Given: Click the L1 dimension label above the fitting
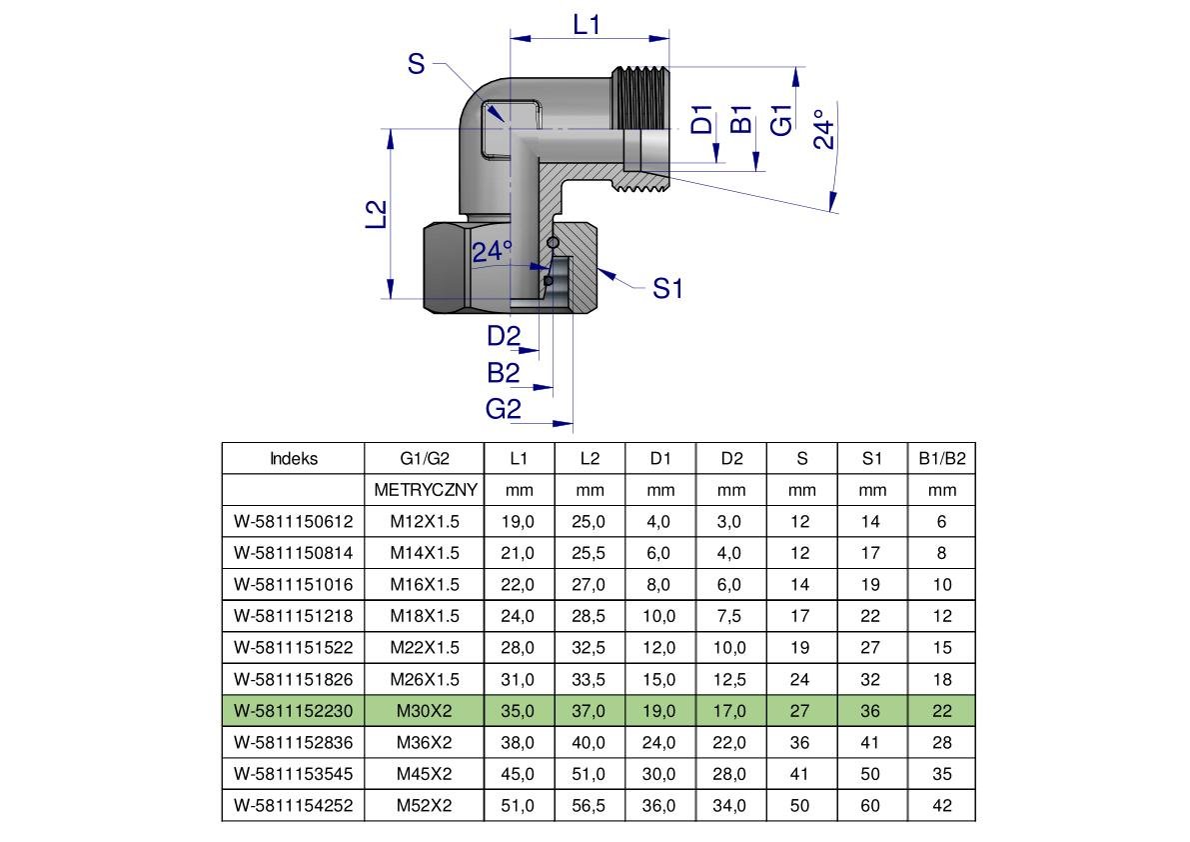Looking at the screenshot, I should pyautogui.click(x=587, y=24).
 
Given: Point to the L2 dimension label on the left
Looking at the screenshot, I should pyautogui.click(x=376, y=215).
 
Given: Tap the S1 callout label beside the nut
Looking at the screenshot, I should pyautogui.click(x=667, y=289).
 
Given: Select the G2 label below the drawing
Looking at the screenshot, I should pyautogui.click(x=504, y=408).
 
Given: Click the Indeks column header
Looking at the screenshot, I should pyautogui.click(x=294, y=459).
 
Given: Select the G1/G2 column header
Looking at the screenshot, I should pyautogui.click(x=425, y=459).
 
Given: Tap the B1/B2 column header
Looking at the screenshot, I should pyautogui.click(x=941, y=459).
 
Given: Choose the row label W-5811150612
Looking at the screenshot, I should pyautogui.click(x=294, y=522).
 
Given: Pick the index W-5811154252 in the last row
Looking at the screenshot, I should pyautogui.click(x=294, y=805).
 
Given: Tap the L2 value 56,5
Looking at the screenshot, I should pyautogui.click(x=590, y=805).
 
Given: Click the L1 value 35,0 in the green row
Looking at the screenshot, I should pyautogui.click(x=518, y=711).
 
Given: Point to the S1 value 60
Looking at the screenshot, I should pyautogui.click(x=872, y=805).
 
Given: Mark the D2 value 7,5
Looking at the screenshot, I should pyautogui.click(x=731, y=616).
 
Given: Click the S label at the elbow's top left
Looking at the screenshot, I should pyautogui.click(x=417, y=65).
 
